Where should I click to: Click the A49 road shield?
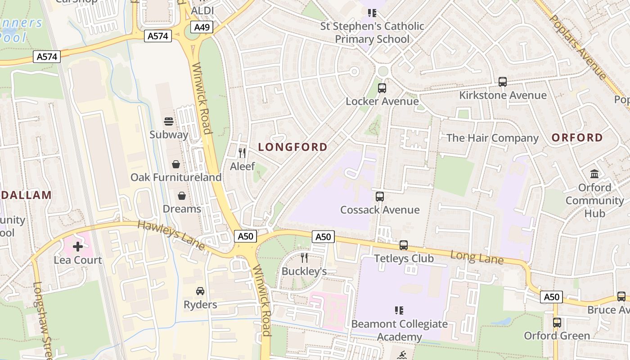coord(202,27)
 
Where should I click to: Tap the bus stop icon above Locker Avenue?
coord(382,88)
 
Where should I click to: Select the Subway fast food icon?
coord(169,121)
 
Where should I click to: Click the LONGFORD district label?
coord(293,147)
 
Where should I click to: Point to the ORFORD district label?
coord(577,138)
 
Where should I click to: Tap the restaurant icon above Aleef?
coord(242,153)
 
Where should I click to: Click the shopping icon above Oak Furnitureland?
coord(176,164)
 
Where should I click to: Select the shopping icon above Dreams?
coord(182,196)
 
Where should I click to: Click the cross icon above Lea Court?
coord(78,247)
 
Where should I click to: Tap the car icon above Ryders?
coord(200,291)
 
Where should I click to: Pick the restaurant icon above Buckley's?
coord(304,258)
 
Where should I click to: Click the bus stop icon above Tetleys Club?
coord(404,245)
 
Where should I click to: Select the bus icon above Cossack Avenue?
coord(380,197)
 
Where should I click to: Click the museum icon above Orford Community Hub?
coord(594,174)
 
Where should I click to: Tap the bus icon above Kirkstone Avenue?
coord(503,82)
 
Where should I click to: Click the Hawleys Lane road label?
coord(171,235)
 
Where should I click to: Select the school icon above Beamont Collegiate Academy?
coord(399,310)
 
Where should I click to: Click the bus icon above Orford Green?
coord(557,323)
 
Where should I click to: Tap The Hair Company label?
coord(492,138)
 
